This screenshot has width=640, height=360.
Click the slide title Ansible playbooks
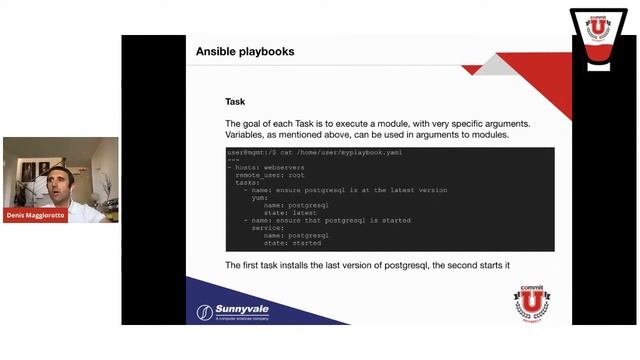point(244,51)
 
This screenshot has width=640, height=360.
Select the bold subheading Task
point(235,102)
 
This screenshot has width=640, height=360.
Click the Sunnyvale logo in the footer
point(232,311)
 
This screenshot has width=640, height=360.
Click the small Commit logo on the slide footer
point(531,301)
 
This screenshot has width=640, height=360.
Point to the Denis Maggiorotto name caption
point(36,215)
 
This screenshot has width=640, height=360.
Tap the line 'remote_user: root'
point(272,175)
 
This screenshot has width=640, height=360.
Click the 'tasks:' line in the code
point(247,182)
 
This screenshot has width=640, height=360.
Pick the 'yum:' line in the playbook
point(259,197)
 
